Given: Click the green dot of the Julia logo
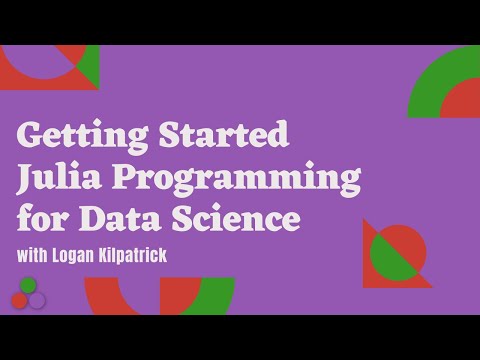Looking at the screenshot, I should (28, 286).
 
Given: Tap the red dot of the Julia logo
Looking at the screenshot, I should (19, 300).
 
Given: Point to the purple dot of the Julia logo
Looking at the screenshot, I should (37, 300).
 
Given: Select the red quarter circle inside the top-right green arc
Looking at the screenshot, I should (463, 100).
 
